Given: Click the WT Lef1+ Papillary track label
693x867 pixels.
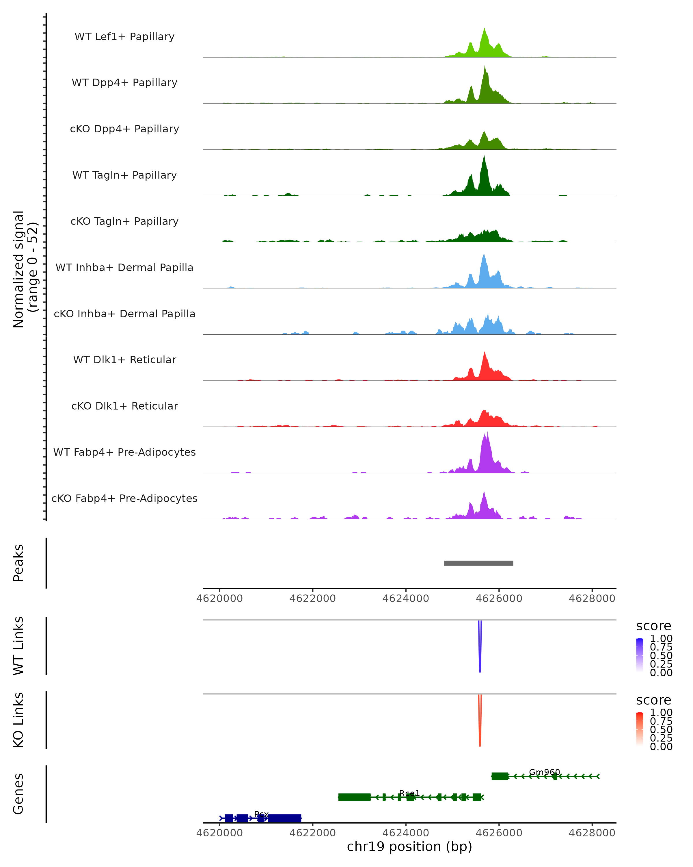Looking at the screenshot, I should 124,37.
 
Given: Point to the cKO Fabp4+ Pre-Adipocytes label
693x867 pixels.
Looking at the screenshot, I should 124,498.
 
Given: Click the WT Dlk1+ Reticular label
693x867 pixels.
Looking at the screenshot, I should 124,360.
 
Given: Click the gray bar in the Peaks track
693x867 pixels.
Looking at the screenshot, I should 478,563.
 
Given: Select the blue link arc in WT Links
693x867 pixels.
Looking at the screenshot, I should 480,659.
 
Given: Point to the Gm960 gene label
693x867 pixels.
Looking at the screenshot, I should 544,772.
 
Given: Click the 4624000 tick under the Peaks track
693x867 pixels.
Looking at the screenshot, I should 406,599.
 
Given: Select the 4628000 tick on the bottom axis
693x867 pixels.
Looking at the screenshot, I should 592,833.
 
